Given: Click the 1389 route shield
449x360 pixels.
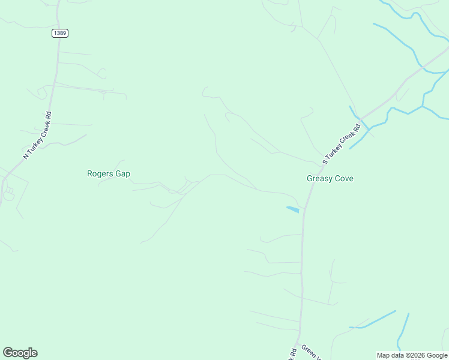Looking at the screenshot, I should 59,33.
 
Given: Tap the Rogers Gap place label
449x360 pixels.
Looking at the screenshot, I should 109,174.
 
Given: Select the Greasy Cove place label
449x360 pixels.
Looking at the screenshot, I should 330,178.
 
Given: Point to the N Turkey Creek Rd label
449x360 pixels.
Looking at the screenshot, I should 37,135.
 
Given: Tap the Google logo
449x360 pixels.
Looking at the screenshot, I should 20,353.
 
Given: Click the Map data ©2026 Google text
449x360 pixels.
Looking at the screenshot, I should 412,355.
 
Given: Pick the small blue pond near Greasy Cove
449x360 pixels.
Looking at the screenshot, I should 293,209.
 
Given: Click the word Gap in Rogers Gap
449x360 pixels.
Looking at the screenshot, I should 122,174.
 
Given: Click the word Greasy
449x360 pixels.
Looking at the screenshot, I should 318,178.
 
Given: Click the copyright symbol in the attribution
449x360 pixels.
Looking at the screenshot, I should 409,355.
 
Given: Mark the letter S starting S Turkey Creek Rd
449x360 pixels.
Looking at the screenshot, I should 325,161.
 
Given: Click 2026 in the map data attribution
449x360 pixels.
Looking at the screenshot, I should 419,355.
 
